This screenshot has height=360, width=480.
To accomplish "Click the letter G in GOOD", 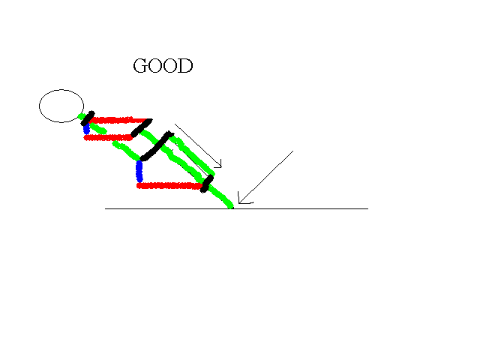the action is (139, 65).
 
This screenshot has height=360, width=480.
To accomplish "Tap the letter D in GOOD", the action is (185, 65).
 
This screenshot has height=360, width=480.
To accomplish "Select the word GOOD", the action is (163, 65).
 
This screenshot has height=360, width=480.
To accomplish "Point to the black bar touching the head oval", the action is (88, 118).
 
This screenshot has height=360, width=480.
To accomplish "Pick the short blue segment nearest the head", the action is (87, 128).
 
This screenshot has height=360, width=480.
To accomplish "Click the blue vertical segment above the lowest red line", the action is (139, 172).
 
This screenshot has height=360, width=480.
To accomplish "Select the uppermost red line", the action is (120, 120).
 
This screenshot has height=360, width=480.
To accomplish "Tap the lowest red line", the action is (169, 186).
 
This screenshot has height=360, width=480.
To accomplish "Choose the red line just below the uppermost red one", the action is (108, 138).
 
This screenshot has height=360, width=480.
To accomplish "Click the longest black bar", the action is (157, 146).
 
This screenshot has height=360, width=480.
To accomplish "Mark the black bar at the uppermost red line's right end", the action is (142, 127).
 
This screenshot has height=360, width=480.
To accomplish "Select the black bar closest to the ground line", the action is (207, 184).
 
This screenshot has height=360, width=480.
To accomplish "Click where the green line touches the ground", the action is (232, 208).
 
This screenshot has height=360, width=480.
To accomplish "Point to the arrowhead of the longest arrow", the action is (239, 203).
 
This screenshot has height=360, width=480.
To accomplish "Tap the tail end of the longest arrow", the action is (293, 151).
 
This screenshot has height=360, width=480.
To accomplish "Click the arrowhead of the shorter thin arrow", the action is (221, 167).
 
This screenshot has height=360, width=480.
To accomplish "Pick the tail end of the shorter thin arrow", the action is (175, 124).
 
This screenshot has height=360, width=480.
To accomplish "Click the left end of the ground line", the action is (105, 208).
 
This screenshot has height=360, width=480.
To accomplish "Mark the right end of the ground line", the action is (368, 208).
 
